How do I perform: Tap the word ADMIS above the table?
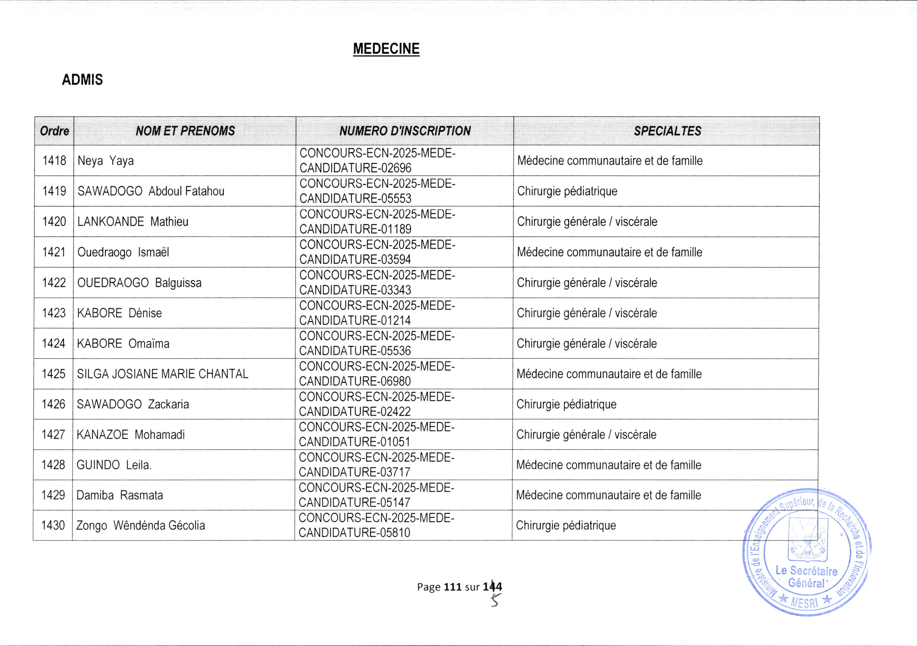pyautogui.click(x=82, y=80)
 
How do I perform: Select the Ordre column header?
pyautogui.click(x=54, y=131)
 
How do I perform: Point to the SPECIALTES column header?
pyautogui.click(x=667, y=131)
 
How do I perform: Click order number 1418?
pyautogui.click(x=54, y=160)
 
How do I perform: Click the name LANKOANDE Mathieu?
pyautogui.click(x=133, y=222)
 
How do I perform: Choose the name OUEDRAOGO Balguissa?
pyautogui.click(x=139, y=283)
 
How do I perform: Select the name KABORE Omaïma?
pyautogui.click(x=123, y=343)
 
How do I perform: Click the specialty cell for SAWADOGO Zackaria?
pyautogui.click(x=566, y=404)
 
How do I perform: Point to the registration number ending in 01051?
pyautogui.click(x=376, y=434)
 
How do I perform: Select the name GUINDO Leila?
pyautogui.click(x=114, y=465)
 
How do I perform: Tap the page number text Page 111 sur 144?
pyautogui.click(x=459, y=587)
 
